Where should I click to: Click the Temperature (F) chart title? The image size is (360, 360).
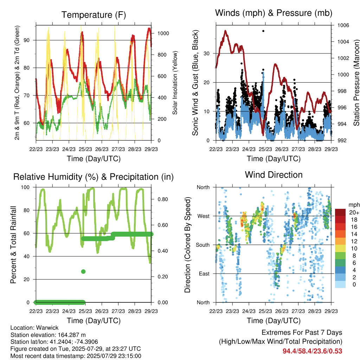[94, 15]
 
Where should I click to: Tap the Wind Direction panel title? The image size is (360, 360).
[274, 175]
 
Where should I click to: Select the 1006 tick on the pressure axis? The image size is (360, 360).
[343, 25]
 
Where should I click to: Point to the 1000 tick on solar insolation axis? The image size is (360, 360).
[163, 33]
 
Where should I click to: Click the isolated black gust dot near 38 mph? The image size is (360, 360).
[263, 31]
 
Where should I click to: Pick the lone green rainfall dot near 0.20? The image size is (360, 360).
[83, 272]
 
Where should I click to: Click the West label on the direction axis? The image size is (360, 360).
[204, 216]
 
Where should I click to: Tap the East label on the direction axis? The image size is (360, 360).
[204, 274]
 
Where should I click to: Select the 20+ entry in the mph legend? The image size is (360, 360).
[354, 212]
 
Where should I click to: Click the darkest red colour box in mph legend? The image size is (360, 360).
[340, 212]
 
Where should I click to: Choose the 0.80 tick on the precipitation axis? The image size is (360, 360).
[163, 199]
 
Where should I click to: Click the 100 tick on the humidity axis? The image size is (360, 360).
[25, 187]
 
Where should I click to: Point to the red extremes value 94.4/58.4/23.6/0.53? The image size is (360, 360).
[312, 351]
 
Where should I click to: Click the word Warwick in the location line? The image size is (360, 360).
[47, 328]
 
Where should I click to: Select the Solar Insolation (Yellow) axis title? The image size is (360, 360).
[175, 83]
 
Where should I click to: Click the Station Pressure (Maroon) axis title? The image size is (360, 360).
[356, 83]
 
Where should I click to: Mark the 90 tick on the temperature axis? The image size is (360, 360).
[27, 40]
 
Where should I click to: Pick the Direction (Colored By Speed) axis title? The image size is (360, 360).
[188, 245]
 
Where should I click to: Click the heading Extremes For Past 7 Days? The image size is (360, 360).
[302, 333]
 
